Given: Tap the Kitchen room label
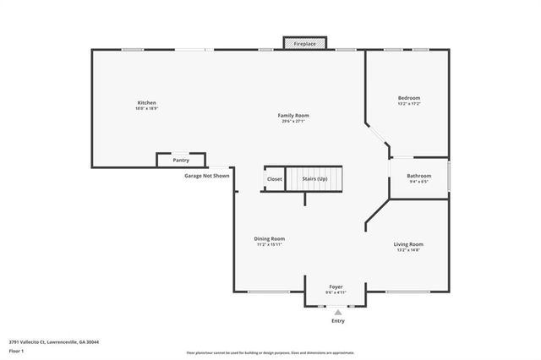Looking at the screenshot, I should tap(147, 102).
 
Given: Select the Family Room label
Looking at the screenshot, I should tap(293, 115).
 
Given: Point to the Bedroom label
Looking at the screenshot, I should tap(408, 98).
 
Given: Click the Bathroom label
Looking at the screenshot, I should tap(419, 176).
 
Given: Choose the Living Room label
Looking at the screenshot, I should tap(407, 244).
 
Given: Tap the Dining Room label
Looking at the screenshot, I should tap(270, 238).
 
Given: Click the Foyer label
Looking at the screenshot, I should tap(336, 287).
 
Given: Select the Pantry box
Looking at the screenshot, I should tap(181, 160).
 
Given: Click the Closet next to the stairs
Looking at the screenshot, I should tap(275, 179).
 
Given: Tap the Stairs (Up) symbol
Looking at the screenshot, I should tap(314, 179).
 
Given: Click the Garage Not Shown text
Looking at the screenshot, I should tap(206, 176).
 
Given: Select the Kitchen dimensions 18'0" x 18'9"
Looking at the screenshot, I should tap(147, 109).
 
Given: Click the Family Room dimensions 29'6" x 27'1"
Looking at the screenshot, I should tap(293, 122).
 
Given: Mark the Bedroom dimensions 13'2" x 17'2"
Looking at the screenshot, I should tap(408, 105).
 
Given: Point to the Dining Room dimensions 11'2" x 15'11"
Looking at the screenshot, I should tap(270, 245).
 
